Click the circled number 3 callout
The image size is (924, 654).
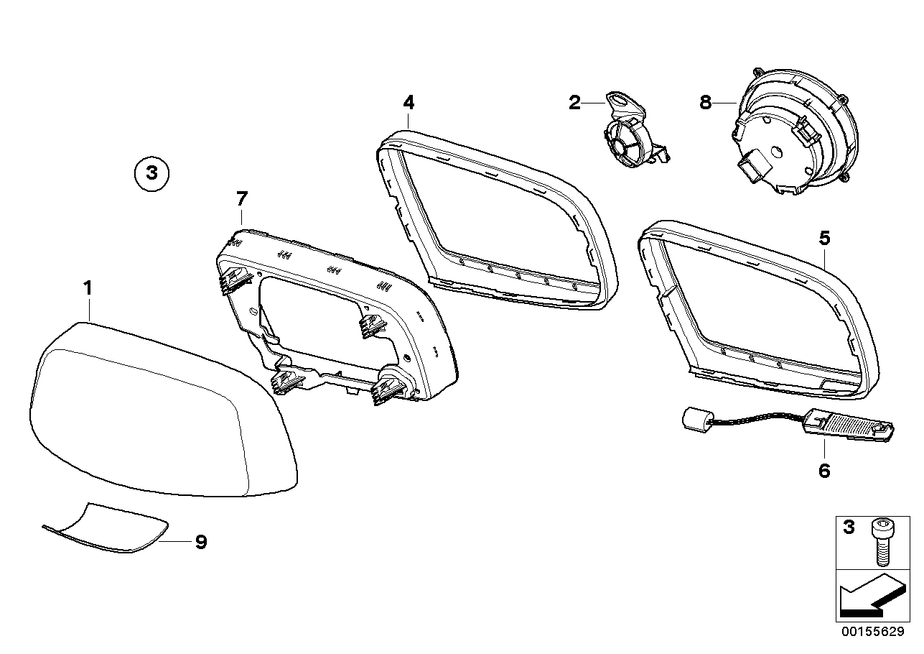tap(151, 173)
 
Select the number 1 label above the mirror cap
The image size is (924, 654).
tap(88, 289)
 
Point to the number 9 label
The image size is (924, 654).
tap(201, 542)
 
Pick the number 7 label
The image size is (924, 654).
tap(241, 198)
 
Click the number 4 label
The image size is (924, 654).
tap(408, 102)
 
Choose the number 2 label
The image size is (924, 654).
tap(574, 103)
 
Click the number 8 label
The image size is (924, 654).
tap(705, 103)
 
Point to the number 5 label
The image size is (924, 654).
tap(824, 236)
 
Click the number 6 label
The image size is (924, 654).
tap(823, 471)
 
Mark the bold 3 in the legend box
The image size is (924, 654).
tap(849, 528)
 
